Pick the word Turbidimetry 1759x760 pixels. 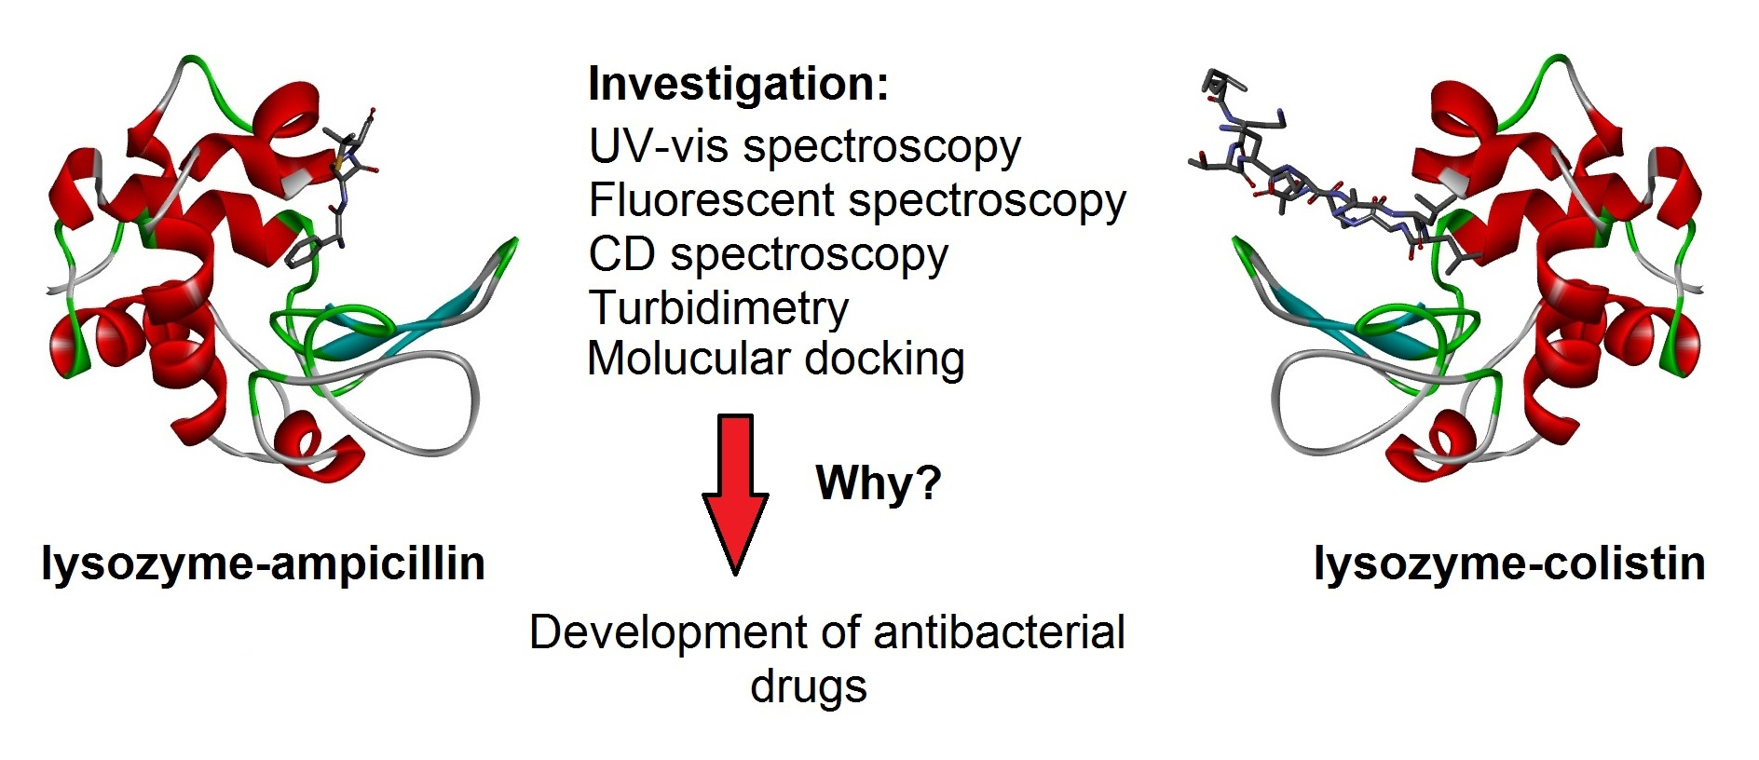pos(718,308)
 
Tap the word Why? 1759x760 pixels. pos(879,482)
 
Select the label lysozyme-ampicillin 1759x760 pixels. pos(263,564)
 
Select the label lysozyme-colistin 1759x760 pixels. pos(1509,564)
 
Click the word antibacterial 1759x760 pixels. pos(1000,632)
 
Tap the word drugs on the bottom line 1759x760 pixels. pos(809,687)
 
